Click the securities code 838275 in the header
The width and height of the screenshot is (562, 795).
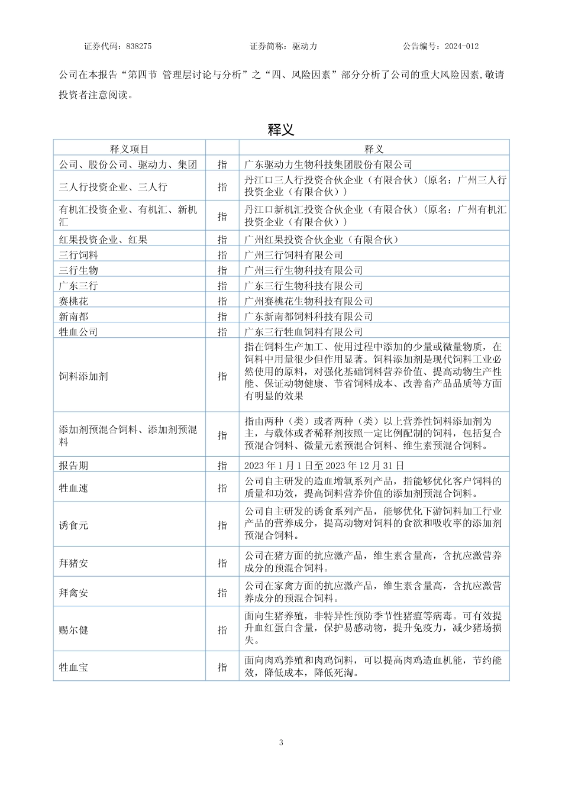click(139, 46)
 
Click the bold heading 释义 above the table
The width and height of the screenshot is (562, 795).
click(281, 130)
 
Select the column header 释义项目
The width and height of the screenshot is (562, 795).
click(130, 149)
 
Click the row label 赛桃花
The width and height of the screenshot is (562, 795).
click(73, 301)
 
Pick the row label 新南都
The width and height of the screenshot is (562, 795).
click(73, 316)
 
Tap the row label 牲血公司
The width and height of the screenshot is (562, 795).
click(78, 332)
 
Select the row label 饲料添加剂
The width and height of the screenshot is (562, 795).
click(83, 376)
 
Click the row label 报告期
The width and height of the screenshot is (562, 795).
click(73, 466)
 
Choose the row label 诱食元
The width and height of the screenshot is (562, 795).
click(73, 525)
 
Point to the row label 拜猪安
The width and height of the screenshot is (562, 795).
click(73, 563)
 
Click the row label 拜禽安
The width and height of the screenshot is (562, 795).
click(73, 593)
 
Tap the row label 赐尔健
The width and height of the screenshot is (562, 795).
click(73, 630)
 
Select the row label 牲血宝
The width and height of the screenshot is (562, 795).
click(73, 667)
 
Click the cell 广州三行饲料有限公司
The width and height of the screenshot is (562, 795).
click(293, 255)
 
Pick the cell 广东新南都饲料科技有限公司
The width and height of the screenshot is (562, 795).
click(308, 316)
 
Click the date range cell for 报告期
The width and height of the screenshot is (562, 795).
click(324, 466)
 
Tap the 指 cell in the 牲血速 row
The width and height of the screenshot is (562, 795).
click(222, 488)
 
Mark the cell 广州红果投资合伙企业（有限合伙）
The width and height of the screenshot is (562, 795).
click(321, 240)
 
